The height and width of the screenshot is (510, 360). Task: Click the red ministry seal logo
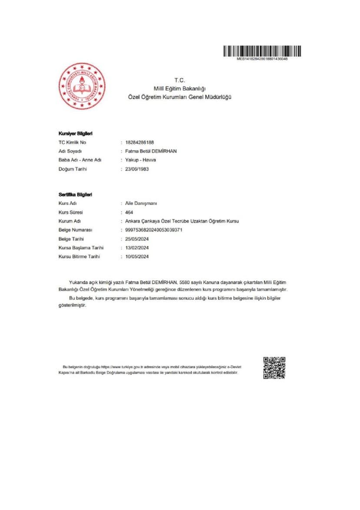[82, 86]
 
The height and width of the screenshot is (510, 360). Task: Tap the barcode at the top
[262, 52]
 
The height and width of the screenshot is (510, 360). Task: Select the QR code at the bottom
[274, 368]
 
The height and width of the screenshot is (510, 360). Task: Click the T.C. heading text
[180, 80]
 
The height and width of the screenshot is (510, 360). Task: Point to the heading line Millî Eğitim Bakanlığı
[180, 89]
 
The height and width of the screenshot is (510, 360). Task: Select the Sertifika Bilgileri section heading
[75, 195]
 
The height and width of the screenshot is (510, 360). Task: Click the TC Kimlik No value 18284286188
[140, 142]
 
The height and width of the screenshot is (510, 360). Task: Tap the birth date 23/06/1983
[137, 169]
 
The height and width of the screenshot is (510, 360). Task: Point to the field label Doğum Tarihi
[73, 169]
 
